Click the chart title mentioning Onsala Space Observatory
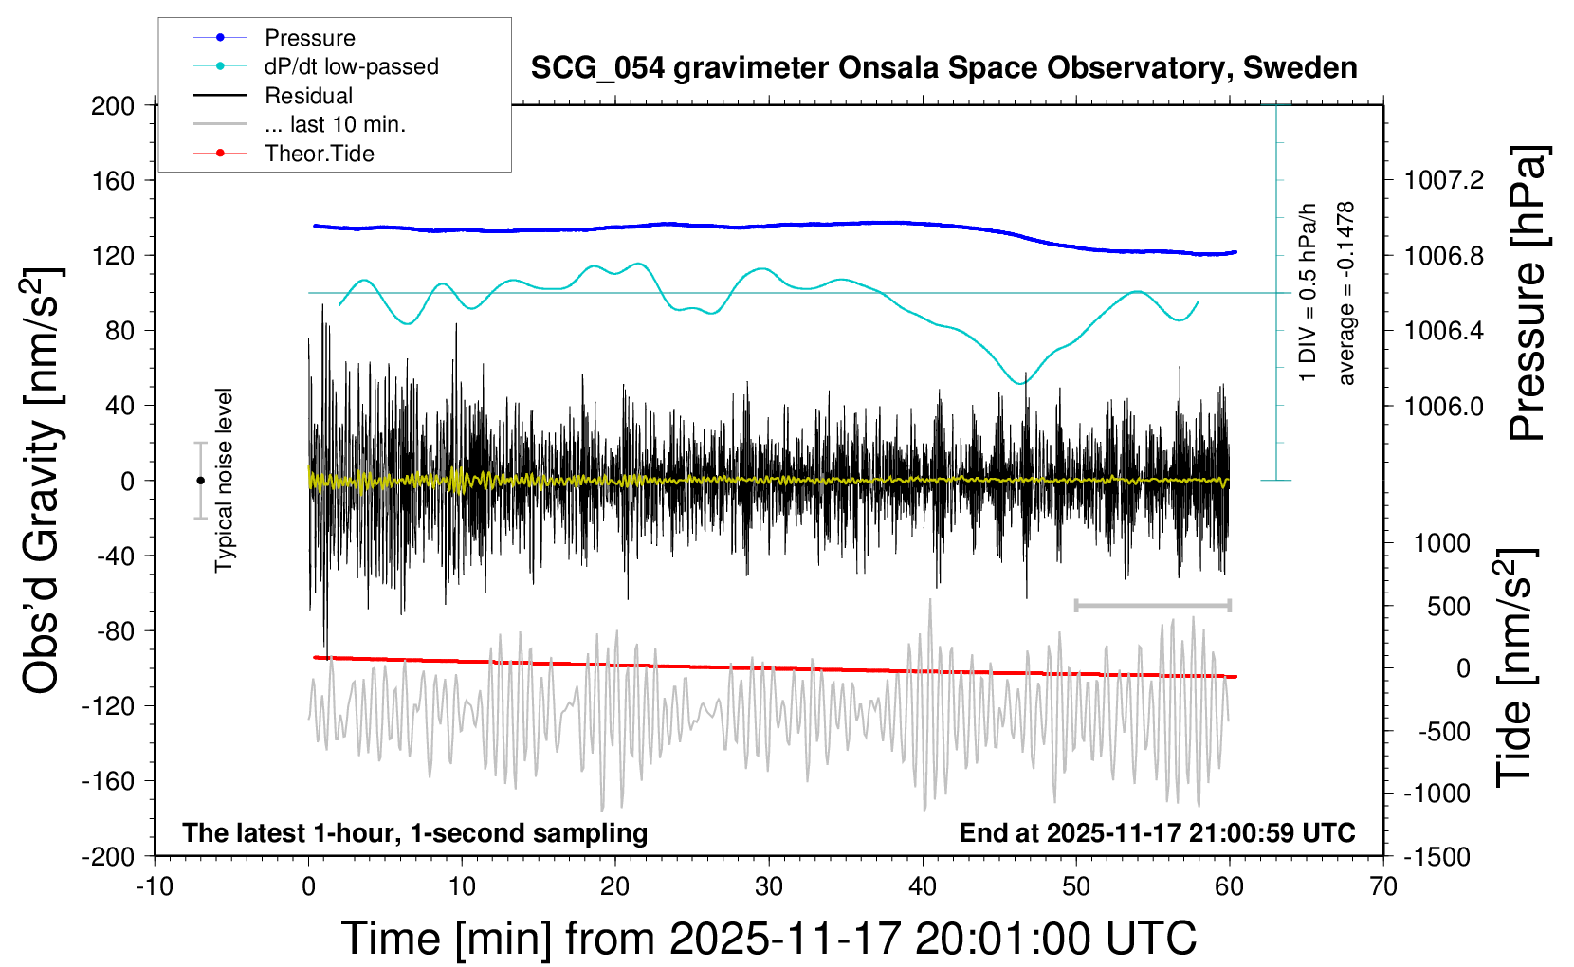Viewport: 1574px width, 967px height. [943, 68]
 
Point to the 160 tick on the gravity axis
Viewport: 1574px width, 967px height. [113, 180]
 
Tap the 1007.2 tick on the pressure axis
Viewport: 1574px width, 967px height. [1444, 180]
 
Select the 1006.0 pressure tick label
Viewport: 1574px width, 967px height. [1444, 406]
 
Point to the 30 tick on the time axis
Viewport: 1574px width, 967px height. [769, 887]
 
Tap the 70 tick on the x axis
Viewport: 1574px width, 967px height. [1383, 887]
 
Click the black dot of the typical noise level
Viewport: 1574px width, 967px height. [200, 481]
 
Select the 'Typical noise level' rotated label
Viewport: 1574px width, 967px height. [224, 481]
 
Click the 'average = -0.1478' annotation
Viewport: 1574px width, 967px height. [1345, 294]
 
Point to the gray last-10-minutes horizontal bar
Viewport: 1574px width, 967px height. [1152, 605]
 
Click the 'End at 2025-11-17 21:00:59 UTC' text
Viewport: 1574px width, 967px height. [1157, 832]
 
